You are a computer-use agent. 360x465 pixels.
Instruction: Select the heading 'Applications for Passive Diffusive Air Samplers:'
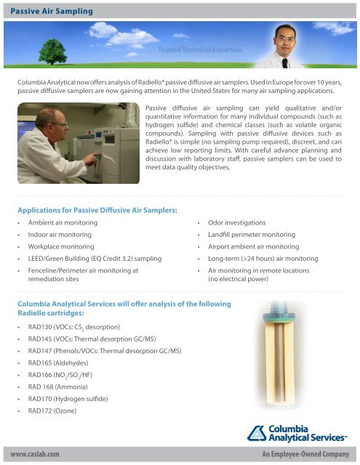pos(97,210)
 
